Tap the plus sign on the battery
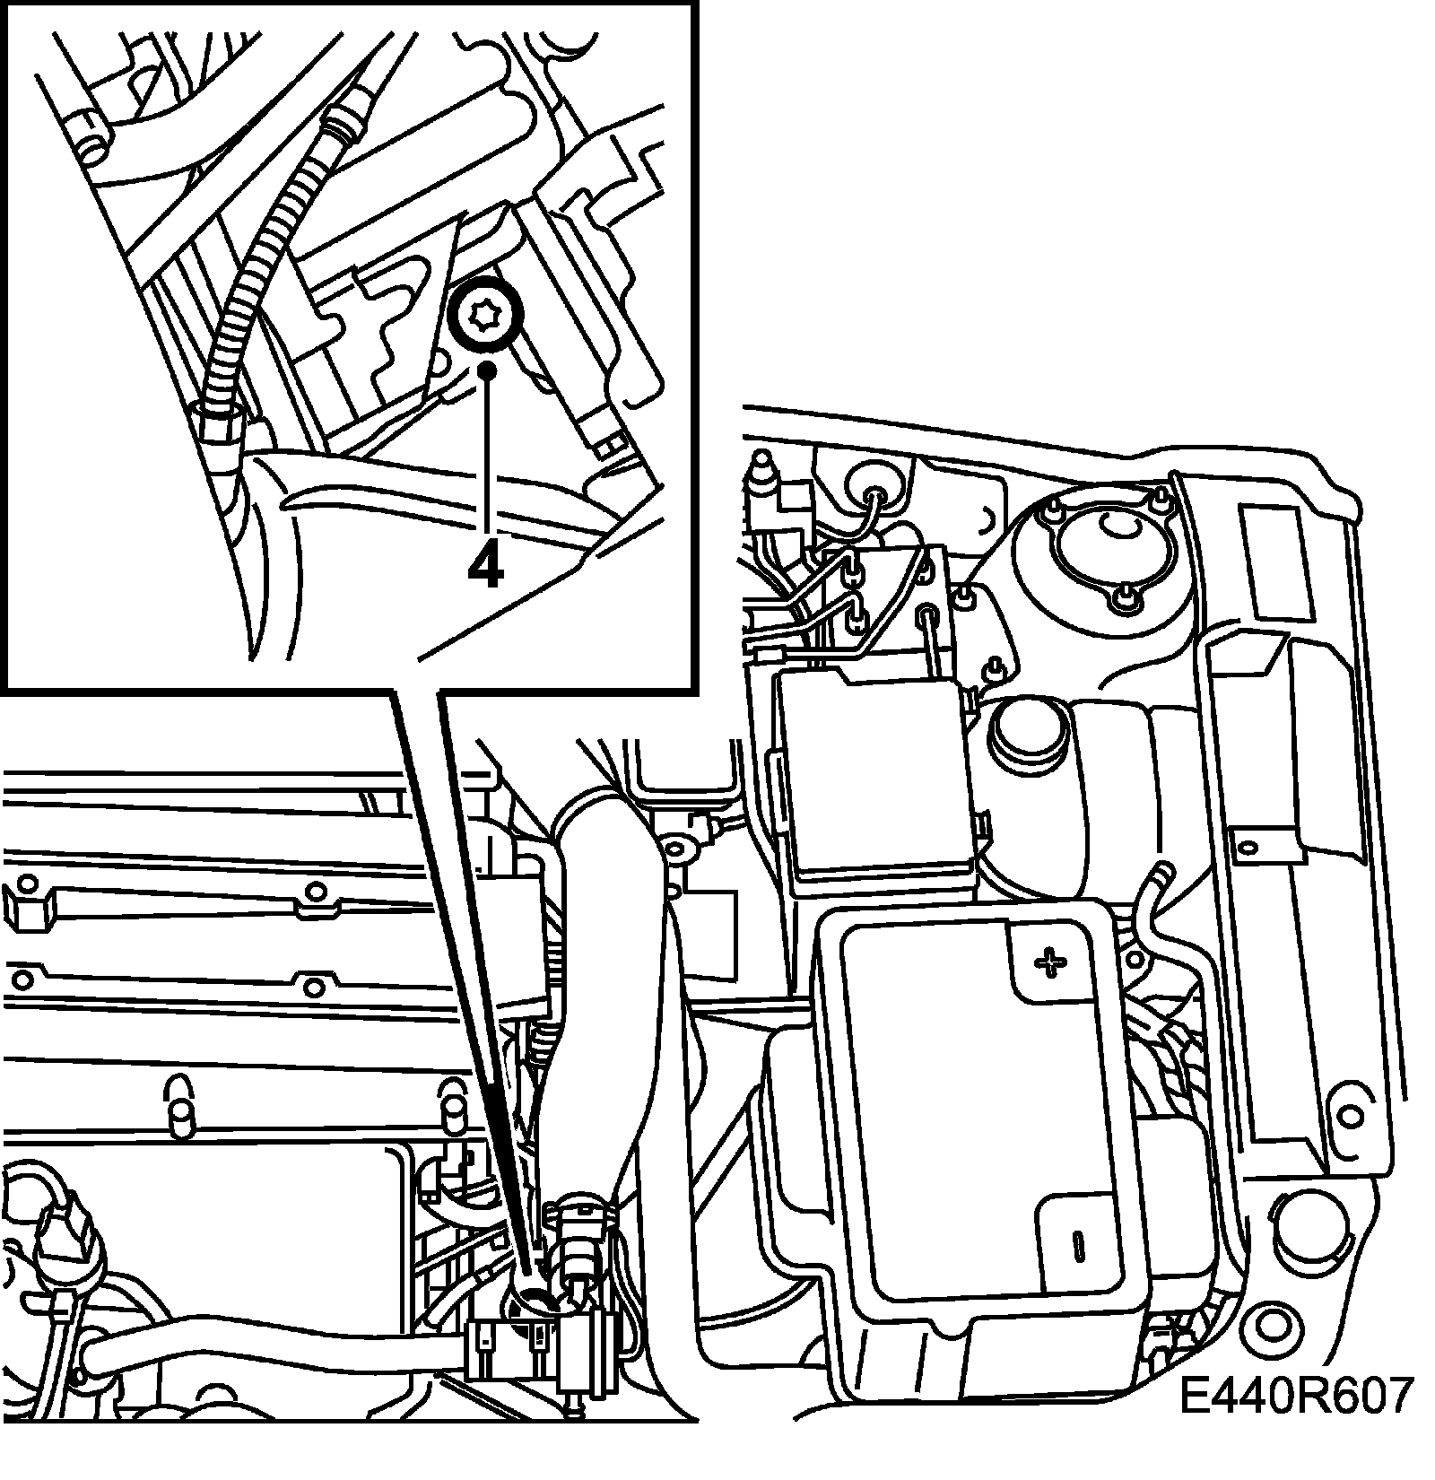coord(1048,964)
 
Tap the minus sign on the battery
coord(1078,1242)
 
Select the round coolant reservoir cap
coord(1025,733)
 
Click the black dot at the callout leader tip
coord(487,370)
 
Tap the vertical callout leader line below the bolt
coord(487,457)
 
